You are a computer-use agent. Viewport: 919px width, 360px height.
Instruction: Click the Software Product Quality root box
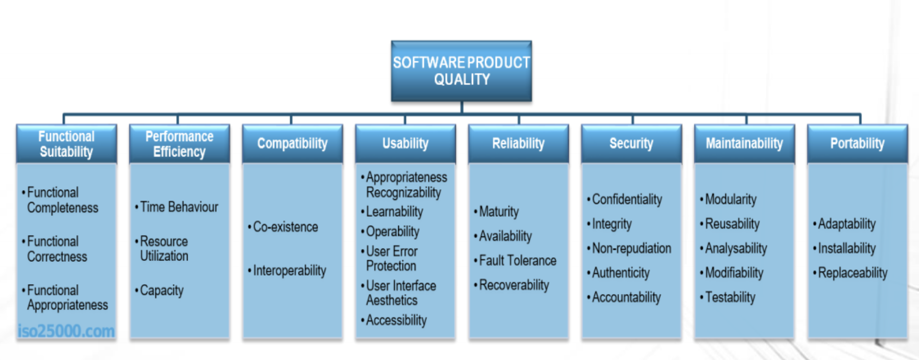coord(462,71)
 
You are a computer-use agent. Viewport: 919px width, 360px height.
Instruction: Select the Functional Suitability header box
coord(66,144)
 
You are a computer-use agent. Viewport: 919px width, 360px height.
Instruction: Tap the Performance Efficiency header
coord(179,144)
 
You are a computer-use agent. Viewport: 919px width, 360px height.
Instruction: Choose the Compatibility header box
coord(292,144)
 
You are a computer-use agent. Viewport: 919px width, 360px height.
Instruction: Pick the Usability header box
coord(405,144)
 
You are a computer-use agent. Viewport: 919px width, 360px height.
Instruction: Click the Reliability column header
coord(518,144)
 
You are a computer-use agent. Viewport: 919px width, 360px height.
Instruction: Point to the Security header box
coord(631,144)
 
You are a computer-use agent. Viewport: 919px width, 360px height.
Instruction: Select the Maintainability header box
coord(744,144)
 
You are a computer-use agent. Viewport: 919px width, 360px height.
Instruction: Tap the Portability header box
coord(857,144)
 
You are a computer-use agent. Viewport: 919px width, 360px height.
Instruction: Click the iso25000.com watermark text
coord(66,331)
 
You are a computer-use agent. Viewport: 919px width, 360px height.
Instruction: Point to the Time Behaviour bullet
coord(176,207)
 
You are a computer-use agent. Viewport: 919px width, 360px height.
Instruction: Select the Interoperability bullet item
coord(287,271)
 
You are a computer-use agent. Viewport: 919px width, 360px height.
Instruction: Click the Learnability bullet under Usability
coord(392,212)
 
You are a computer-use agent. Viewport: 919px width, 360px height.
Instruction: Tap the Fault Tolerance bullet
coord(515,261)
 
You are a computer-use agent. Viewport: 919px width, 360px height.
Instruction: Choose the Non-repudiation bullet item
coord(629,249)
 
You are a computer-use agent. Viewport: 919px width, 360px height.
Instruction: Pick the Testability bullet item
coord(727,298)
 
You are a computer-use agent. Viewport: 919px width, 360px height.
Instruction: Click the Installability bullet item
coord(844,249)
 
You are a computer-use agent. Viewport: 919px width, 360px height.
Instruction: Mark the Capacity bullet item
coord(159,290)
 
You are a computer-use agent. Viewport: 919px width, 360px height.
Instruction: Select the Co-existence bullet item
coord(283,227)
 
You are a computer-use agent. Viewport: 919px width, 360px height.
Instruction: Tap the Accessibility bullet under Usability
coord(394,321)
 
